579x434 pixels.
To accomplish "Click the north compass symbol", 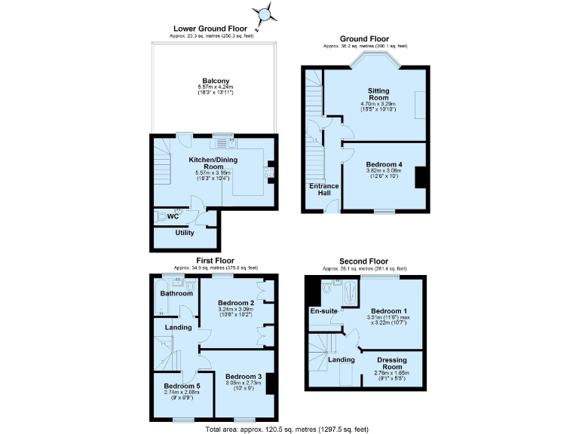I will pyautogui.click(x=265, y=14).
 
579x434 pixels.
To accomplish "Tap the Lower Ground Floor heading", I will pyautogui.click(x=215, y=29).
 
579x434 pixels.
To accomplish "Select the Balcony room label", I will pyautogui.click(x=216, y=81).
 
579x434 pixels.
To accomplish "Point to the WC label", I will pyautogui.click(x=173, y=216).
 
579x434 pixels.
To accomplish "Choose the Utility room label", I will pyautogui.click(x=185, y=233).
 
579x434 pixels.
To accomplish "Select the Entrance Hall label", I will pyautogui.click(x=324, y=191).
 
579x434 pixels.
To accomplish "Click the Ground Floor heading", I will pyautogui.click(x=365, y=39).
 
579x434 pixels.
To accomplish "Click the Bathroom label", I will pyautogui.click(x=176, y=293).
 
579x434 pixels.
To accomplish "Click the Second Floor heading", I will pyautogui.click(x=365, y=261).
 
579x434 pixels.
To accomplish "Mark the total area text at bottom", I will pyautogui.click(x=286, y=429).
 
